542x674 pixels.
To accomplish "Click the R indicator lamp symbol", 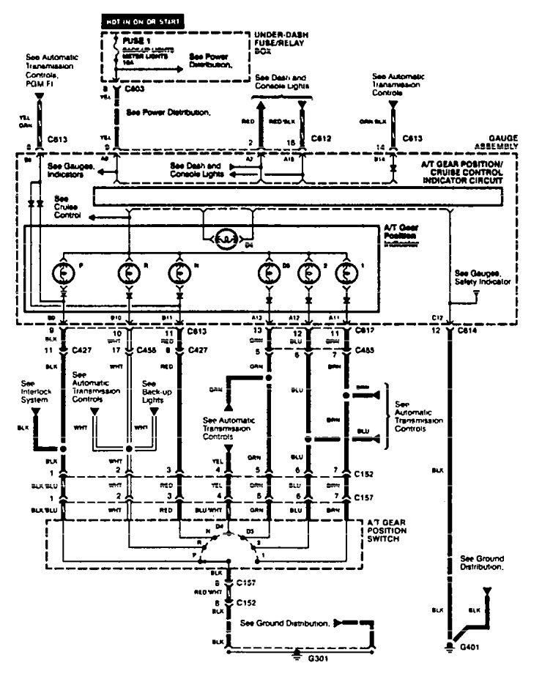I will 129,273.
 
